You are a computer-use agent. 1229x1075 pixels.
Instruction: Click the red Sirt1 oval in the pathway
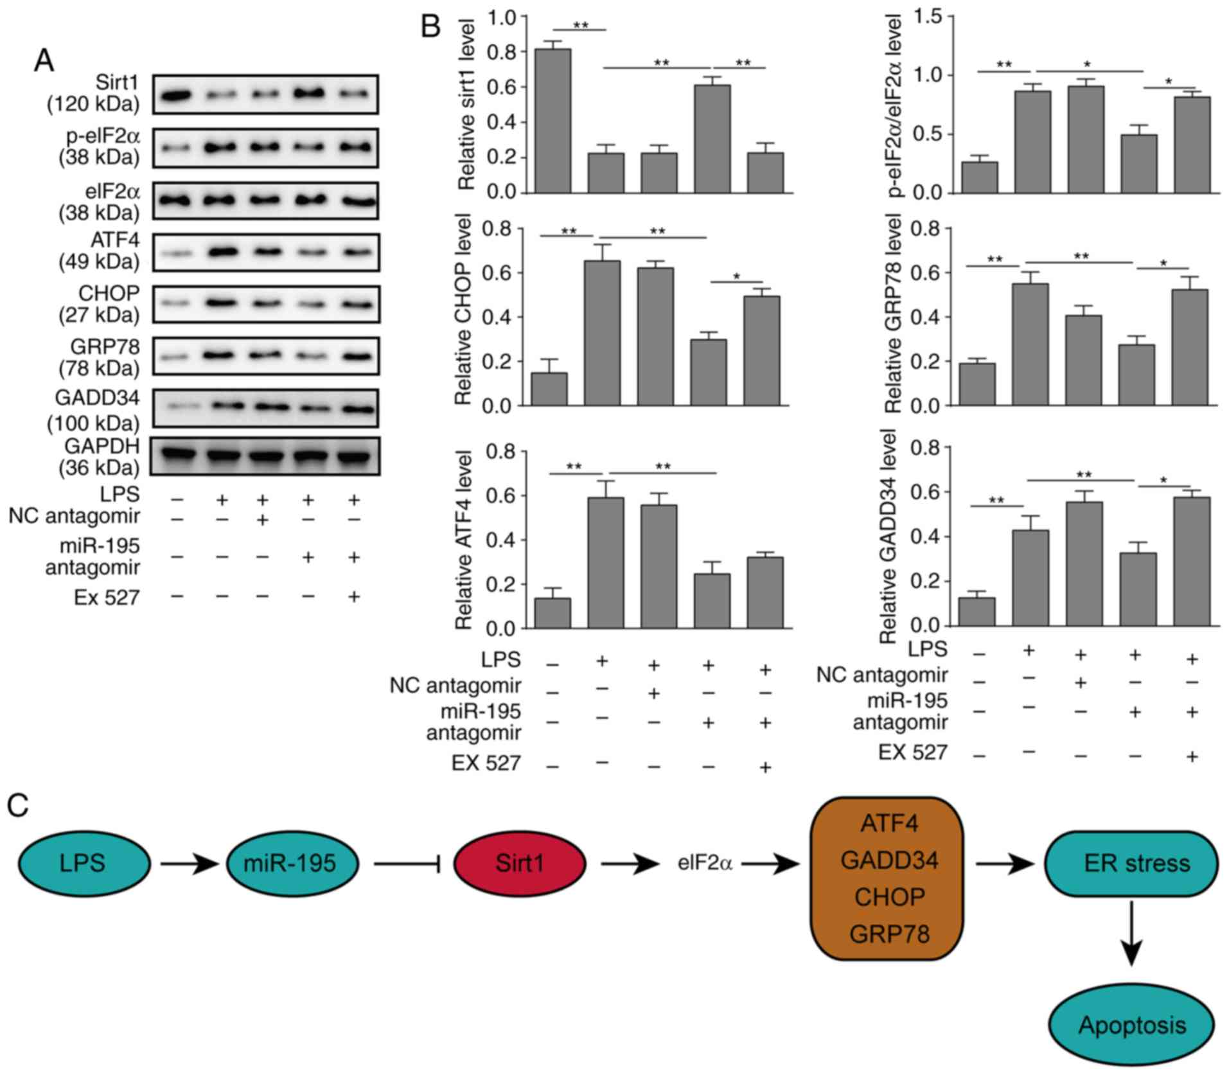pos(519,863)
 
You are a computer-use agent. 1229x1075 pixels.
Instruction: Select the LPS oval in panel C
pos(84,863)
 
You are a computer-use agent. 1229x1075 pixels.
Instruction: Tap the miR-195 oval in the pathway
pos(291,863)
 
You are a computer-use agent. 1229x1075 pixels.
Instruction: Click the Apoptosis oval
pos(1131,1024)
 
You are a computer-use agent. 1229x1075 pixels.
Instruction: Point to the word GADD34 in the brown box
pos(889,860)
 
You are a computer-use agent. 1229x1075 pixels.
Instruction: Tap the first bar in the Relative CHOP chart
pos(549,389)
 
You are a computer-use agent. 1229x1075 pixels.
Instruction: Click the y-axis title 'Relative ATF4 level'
pos(464,540)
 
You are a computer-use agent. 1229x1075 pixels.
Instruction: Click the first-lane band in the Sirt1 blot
pos(177,96)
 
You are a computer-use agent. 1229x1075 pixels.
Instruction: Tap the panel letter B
pos(430,27)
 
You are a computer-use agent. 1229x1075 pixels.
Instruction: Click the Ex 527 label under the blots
pos(107,598)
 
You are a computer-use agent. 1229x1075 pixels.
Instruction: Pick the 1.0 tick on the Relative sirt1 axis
pos(502,17)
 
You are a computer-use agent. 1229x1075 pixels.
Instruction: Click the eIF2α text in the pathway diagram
pos(705,863)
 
